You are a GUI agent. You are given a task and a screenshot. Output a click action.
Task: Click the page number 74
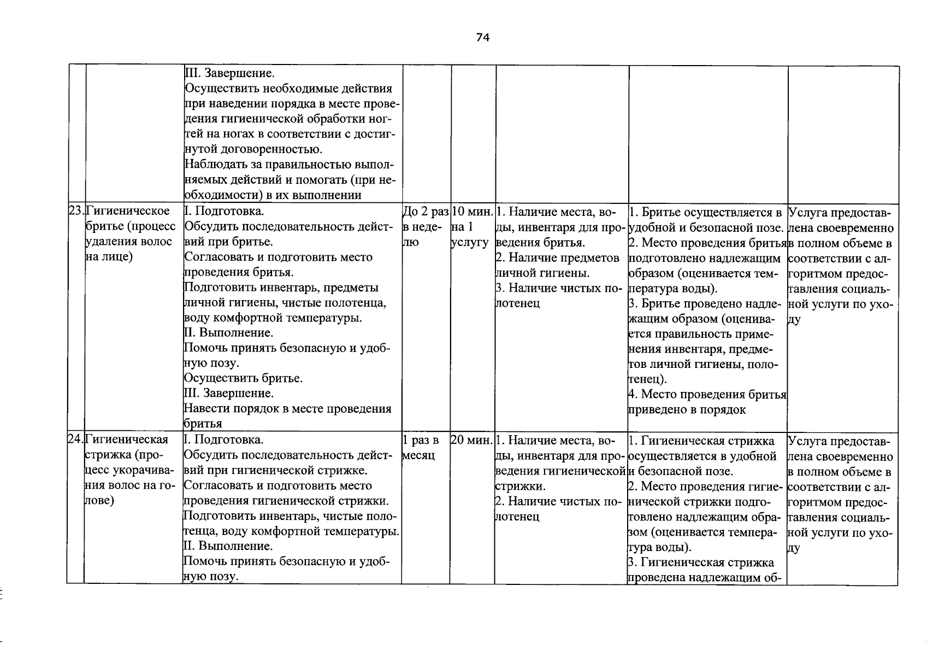[483, 37]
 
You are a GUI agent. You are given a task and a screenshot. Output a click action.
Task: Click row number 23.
[76, 211]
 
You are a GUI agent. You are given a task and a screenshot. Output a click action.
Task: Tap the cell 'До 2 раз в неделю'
[425, 226]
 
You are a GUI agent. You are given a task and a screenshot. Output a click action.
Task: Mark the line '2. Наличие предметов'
[557, 257]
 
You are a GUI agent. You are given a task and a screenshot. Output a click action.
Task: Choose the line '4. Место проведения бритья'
[707, 394]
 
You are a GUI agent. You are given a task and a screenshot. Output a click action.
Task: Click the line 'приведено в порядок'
[687, 409]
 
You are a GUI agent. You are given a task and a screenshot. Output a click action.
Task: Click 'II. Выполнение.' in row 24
[228, 546]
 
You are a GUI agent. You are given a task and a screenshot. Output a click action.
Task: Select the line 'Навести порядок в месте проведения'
[288, 408]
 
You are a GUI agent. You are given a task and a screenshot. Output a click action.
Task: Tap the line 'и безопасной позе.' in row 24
[681, 471]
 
